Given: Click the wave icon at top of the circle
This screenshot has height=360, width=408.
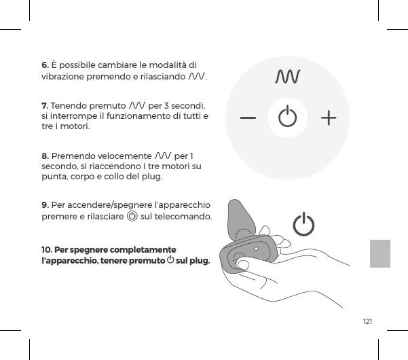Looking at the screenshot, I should pos(288,77).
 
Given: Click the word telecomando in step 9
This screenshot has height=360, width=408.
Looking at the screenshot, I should pos(185,217).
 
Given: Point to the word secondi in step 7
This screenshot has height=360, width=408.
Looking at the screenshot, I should pos(194,106).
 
